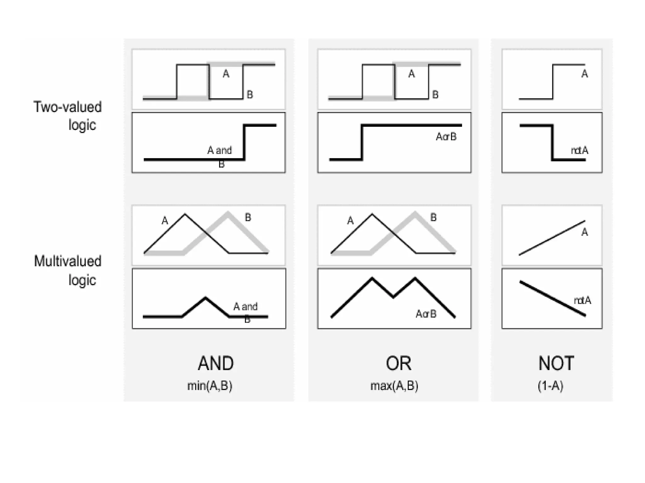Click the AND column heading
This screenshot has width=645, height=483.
216,363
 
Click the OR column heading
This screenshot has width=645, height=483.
398,363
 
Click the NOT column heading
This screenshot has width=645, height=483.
556,363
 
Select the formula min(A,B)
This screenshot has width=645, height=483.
210,386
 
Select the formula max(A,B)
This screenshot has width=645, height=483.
394,386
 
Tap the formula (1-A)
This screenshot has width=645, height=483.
550,386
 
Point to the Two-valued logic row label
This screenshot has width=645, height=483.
68,116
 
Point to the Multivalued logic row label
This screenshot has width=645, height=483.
68,270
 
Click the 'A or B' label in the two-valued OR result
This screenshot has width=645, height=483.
446,137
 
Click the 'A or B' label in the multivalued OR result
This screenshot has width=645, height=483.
426,314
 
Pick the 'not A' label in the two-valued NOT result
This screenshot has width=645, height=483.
579,151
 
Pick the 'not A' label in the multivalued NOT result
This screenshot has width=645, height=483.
582,301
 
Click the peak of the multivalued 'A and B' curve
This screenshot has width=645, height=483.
205,297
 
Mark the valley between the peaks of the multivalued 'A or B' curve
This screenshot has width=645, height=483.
393,297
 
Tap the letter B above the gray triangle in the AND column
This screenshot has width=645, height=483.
248,217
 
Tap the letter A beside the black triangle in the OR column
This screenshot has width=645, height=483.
350,221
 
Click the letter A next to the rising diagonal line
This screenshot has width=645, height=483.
585,232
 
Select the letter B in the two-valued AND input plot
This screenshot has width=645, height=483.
250,94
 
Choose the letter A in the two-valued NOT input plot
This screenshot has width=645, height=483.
585,74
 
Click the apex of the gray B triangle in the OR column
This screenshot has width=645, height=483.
415,213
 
